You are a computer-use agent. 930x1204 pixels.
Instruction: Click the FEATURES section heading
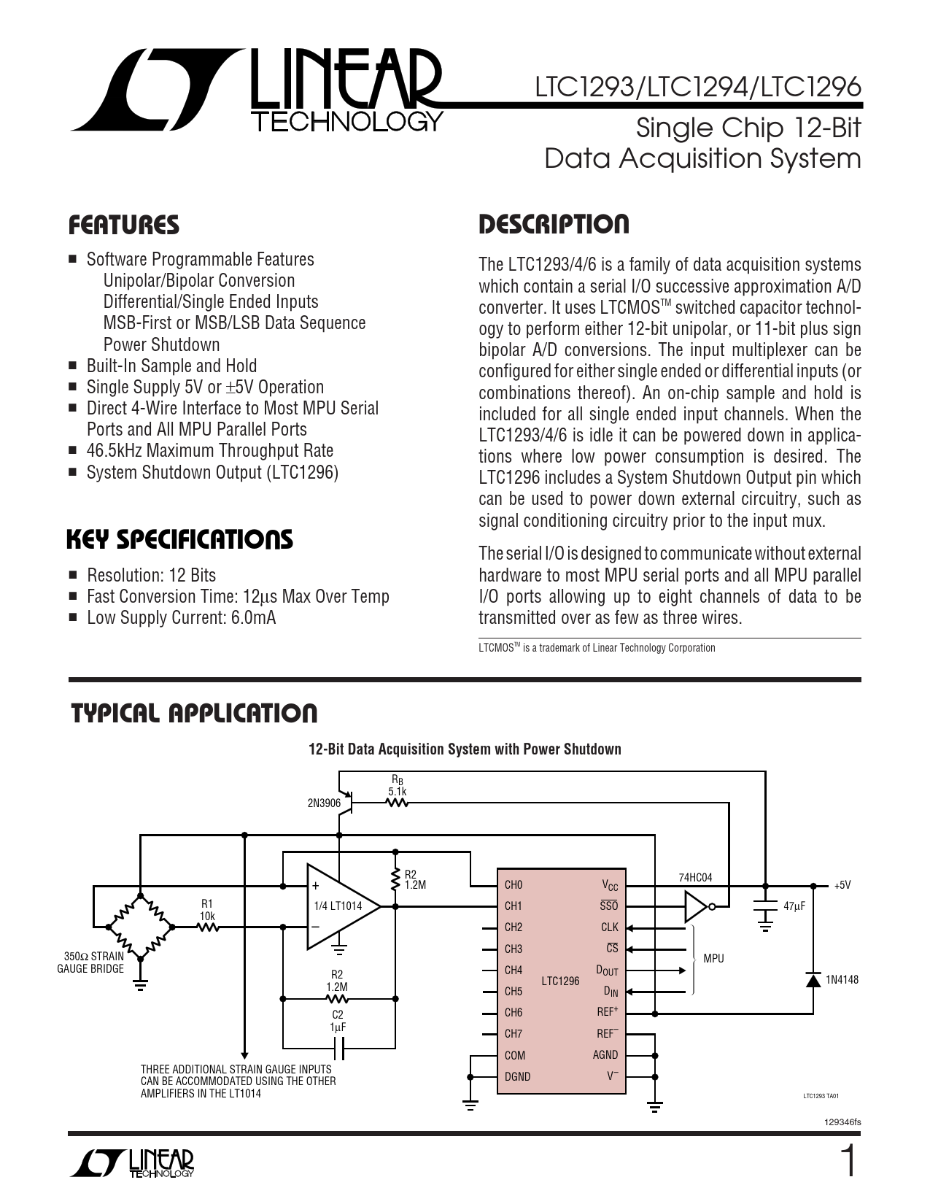[123, 225]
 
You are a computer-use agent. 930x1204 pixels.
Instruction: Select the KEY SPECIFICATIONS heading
[179, 540]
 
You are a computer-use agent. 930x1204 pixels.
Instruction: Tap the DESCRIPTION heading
[554, 225]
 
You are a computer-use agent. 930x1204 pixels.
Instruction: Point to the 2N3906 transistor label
[324, 803]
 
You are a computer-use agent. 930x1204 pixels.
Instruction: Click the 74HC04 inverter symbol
[697, 907]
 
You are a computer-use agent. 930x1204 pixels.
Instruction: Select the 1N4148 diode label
[842, 979]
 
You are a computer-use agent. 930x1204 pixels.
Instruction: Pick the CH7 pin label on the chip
[514, 1033]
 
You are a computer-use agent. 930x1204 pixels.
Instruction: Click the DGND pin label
[517, 1076]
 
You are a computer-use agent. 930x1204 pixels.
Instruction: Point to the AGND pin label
[605, 1054]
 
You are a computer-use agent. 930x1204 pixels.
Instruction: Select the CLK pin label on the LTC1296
[609, 927]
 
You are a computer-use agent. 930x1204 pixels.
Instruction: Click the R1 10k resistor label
[208, 909]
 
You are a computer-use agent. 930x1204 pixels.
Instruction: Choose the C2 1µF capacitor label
[337, 1020]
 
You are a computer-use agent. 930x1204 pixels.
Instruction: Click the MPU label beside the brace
[713, 958]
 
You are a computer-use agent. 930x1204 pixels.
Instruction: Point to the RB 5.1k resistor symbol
[397, 803]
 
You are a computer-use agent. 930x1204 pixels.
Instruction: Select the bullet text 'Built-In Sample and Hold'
[171, 366]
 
